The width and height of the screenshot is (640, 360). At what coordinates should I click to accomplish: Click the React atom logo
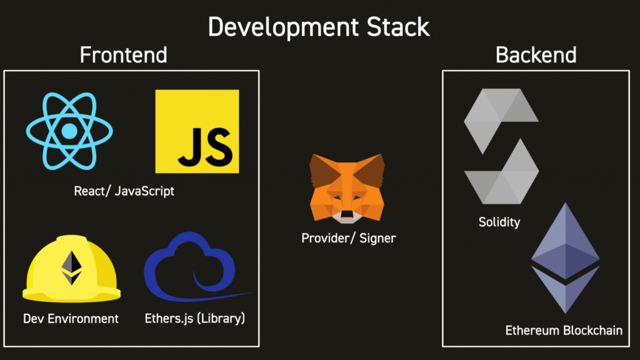click(69, 131)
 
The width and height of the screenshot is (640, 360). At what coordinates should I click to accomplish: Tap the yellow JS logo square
click(197, 131)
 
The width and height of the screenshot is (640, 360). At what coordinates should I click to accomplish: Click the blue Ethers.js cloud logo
click(192, 267)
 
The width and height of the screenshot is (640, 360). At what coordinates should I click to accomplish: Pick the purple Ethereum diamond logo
click(565, 258)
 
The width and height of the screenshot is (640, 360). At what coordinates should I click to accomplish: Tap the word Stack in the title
click(398, 27)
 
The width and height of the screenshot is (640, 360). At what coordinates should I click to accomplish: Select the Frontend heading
click(124, 55)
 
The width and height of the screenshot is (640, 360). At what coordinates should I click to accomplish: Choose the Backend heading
click(536, 55)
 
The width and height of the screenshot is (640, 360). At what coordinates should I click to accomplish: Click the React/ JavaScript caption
click(124, 191)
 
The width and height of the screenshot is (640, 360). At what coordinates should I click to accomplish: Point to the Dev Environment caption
click(71, 318)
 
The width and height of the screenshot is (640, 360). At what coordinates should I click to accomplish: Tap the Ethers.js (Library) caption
click(195, 318)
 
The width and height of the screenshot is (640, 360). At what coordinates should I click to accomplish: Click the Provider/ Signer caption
click(349, 238)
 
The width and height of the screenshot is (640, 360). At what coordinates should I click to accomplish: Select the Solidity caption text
click(499, 222)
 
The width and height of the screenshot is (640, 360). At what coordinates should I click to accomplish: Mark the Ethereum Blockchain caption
click(564, 330)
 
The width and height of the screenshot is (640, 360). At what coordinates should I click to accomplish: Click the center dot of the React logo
click(69, 131)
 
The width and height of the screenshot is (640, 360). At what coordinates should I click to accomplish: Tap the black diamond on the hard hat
click(71, 267)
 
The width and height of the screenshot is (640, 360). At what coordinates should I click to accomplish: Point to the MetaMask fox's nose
click(347, 214)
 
